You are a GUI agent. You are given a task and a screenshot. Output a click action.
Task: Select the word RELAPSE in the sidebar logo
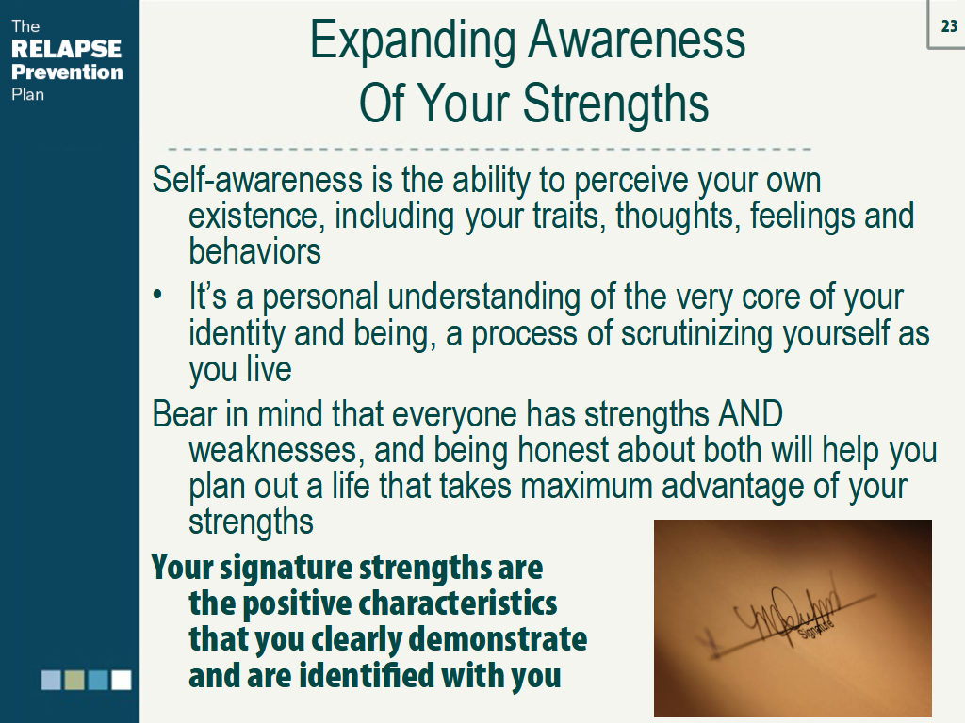coord(66,49)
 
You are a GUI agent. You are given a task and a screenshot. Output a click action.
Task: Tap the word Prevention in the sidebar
coord(67,72)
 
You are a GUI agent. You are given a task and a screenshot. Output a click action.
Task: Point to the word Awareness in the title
coord(637,41)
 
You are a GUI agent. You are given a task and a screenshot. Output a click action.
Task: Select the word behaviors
coord(254,251)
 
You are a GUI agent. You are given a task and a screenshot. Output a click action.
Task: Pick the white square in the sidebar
coord(122,680)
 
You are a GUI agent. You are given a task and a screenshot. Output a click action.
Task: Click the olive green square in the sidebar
coord(74,680)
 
